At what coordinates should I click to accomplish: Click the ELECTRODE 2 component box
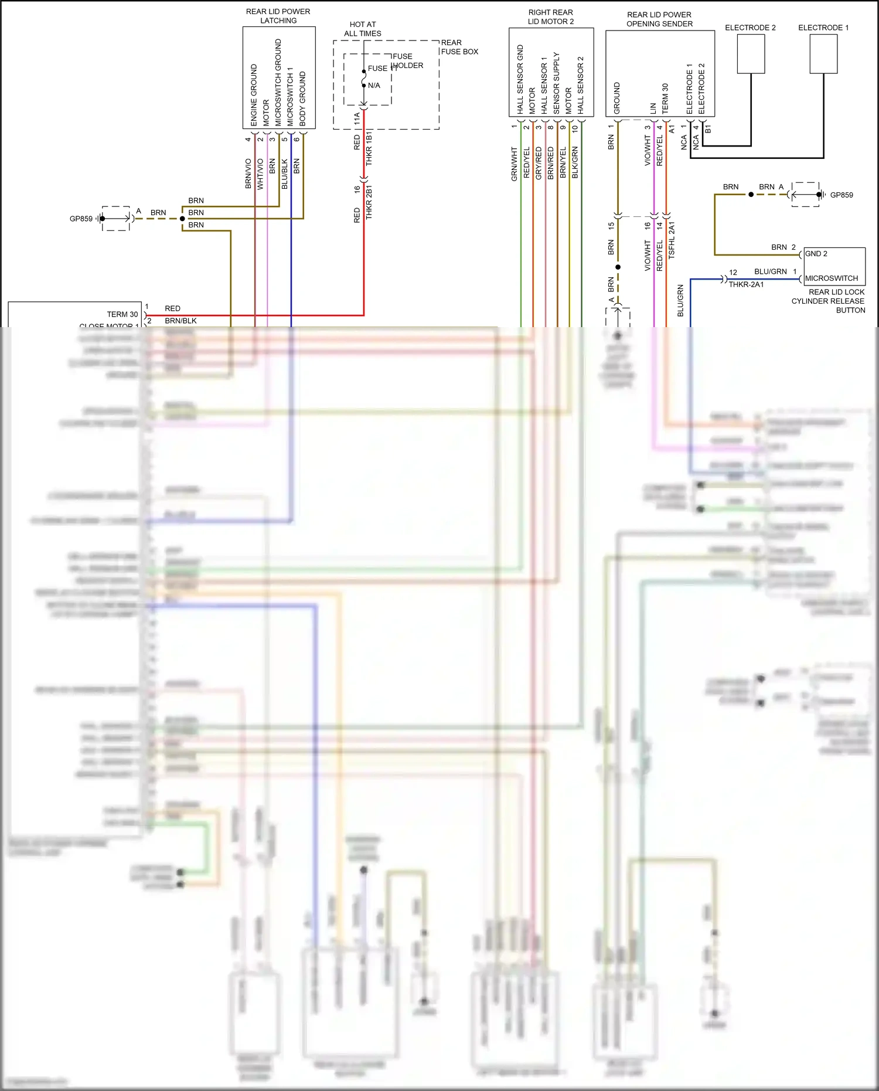(751, 54)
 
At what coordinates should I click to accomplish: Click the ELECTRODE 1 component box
(823, 54)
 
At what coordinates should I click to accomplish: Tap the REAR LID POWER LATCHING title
(278, 16)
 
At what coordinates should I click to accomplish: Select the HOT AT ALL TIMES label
(363, 29)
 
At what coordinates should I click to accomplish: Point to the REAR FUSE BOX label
(459, 47)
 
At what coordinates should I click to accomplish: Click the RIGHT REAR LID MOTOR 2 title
(551, 17)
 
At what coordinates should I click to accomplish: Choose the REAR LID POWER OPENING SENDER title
(659, 19)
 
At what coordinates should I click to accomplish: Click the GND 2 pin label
(816, 254)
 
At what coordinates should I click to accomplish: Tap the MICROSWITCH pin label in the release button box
(832, 278)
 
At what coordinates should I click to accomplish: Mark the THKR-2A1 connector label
(746, 285)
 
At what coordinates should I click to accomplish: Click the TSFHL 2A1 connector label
(672, 240)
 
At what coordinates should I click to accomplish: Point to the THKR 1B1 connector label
(369, 148)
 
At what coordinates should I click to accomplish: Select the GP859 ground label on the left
(81, 219)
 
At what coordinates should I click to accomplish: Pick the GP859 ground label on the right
(841, 195)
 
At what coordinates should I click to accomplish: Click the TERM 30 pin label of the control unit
(122, 314)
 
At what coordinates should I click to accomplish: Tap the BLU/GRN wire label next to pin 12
(770, 271)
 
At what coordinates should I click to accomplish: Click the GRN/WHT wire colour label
(515, 164)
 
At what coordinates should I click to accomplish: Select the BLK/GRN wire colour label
(575, 162)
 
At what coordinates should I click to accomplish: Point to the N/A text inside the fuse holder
(374, 86)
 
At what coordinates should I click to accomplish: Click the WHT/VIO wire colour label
(260, 174)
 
